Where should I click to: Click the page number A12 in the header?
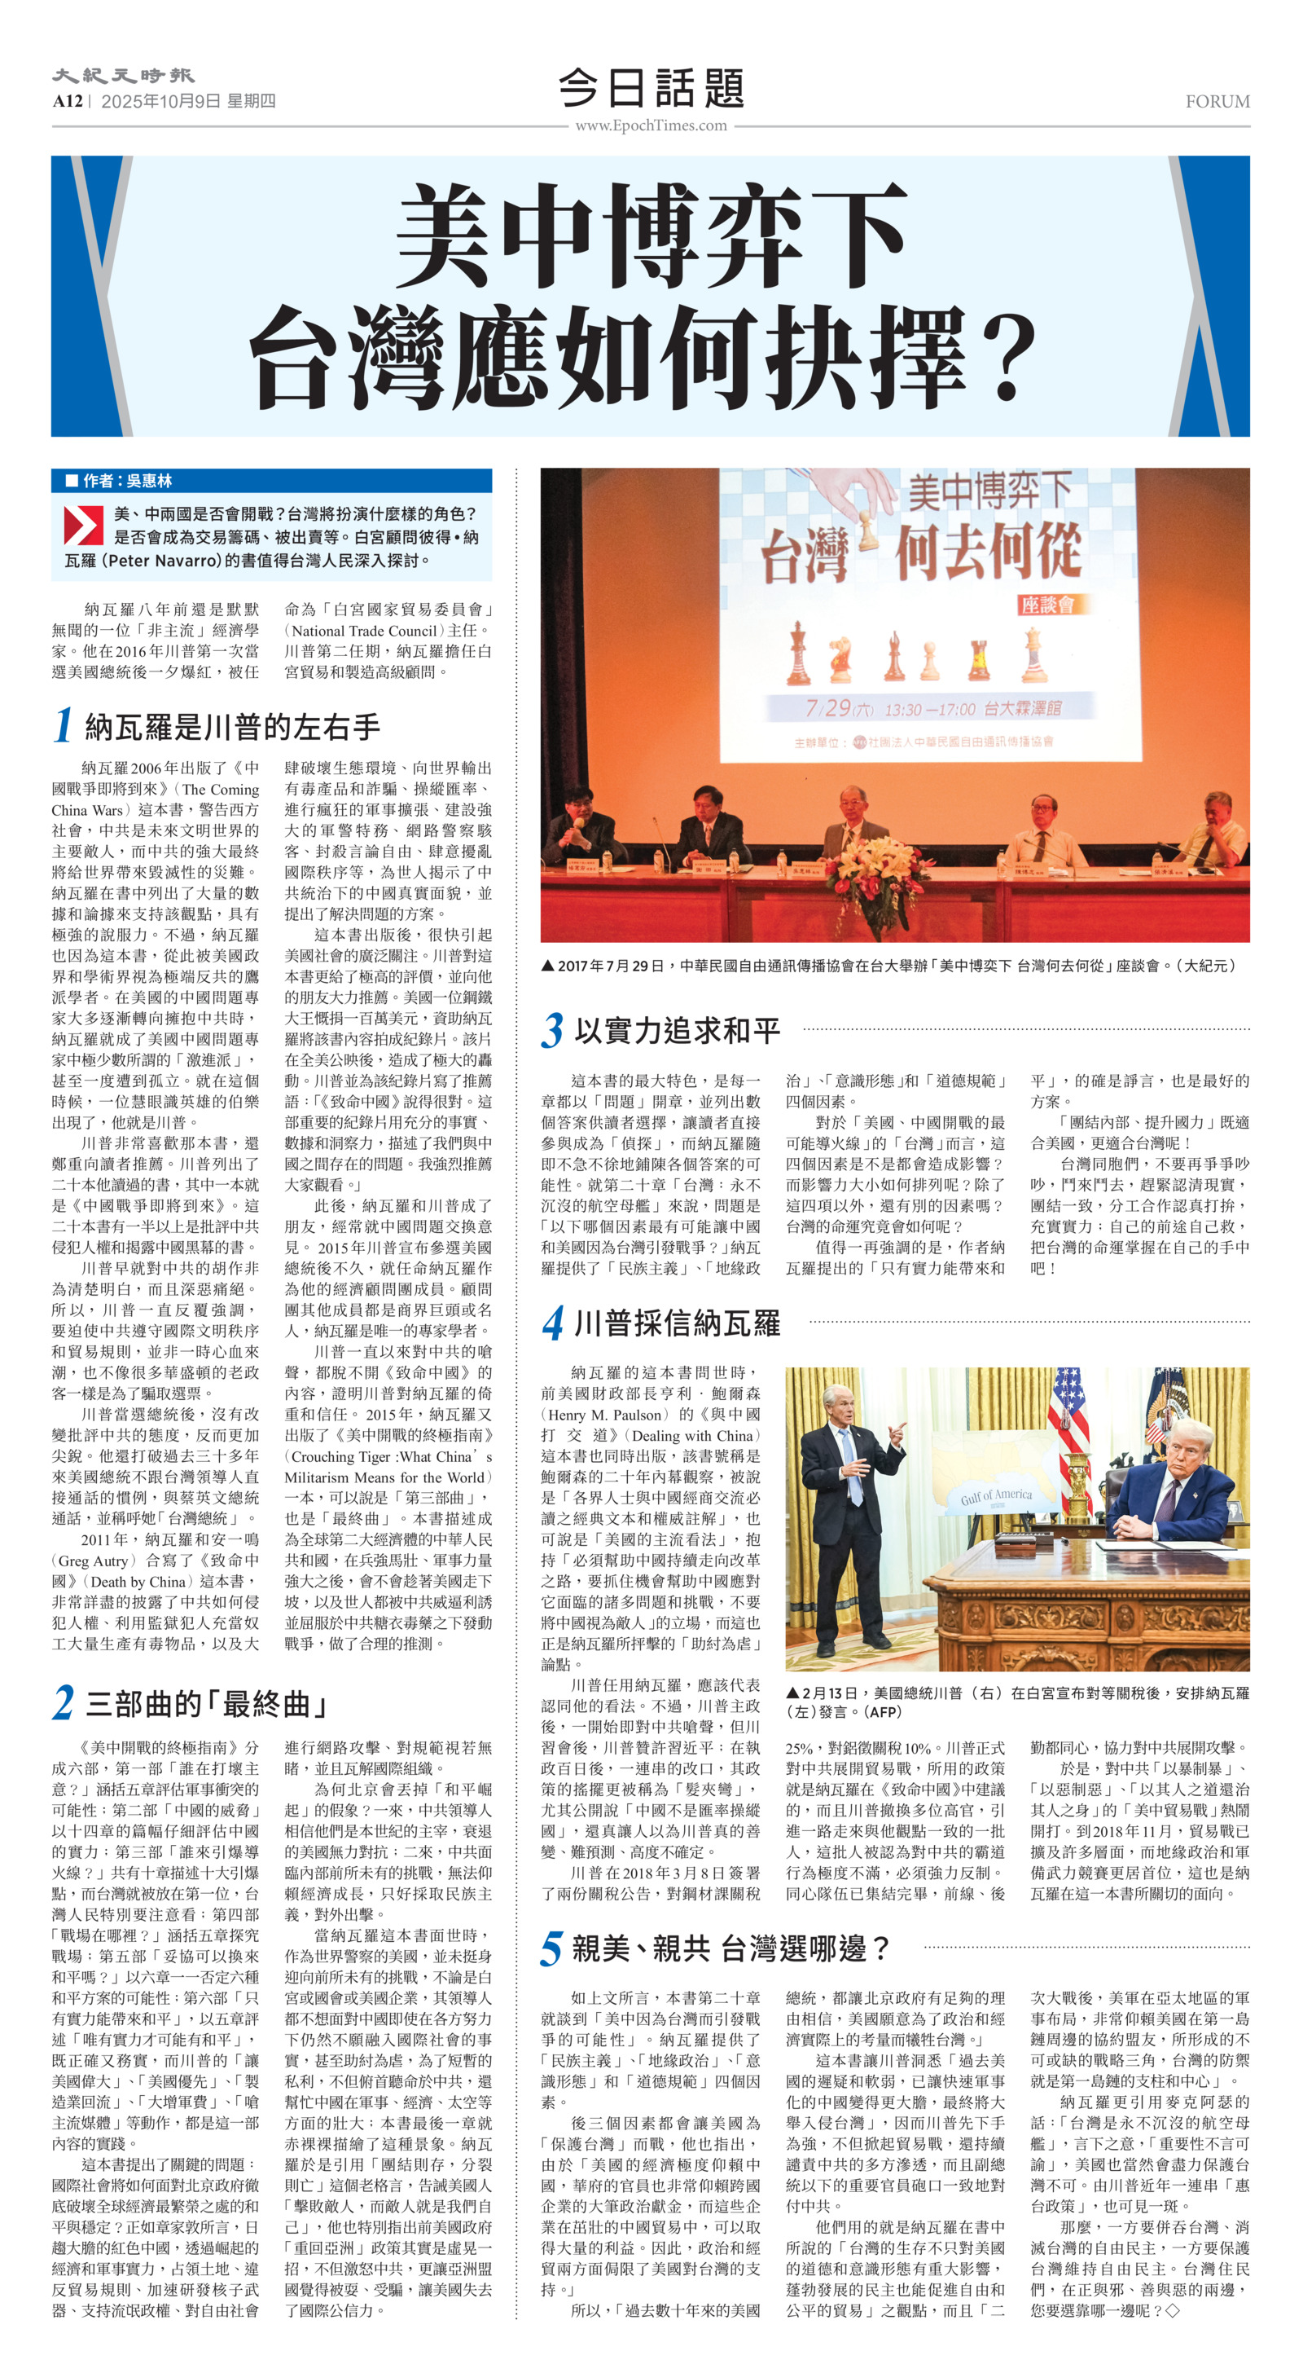click(x=68, y=101)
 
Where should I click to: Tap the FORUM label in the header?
click(x=1217, y=101)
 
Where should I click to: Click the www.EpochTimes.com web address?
click(x=651, y=126)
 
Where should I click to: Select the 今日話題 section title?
click(x=651, y=89)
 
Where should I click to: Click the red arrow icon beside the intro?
click(x=83, y=524)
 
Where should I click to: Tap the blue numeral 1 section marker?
click(x=63, y=725)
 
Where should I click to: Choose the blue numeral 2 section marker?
click(x=63, y=1702)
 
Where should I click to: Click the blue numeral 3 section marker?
click(x=551, y=1030)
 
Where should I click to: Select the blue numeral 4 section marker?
click(x=551, y=1323)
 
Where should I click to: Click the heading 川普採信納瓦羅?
click(x=677, y=1323)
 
